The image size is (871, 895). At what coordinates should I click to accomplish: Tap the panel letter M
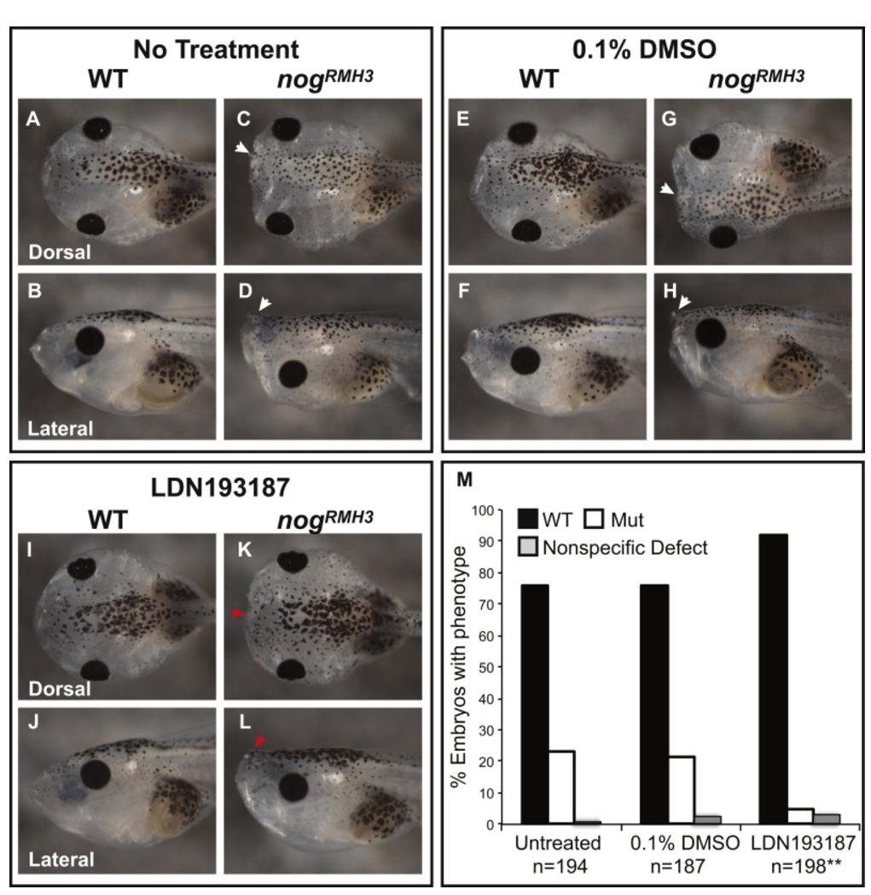(465, 480)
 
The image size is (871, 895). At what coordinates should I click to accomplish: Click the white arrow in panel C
(244, 148)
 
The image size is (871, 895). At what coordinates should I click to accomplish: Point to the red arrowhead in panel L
(261, 745)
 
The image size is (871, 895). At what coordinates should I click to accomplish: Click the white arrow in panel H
(685, 301)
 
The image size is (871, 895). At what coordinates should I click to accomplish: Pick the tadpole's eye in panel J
(94, 774)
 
